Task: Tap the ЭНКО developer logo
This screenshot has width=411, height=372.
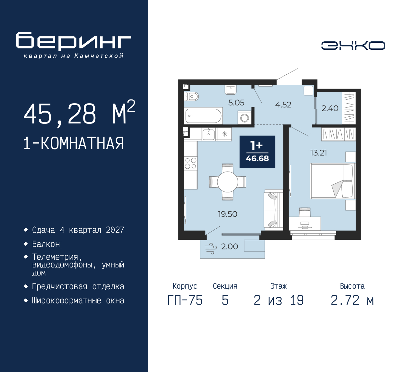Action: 353,46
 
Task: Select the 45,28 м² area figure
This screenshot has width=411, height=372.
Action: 79,114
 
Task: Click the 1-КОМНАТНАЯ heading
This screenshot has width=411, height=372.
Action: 74,143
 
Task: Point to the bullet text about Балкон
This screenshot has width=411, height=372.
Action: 46,244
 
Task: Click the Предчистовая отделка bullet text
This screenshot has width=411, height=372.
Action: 78,287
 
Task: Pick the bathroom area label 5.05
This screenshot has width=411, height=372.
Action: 236,103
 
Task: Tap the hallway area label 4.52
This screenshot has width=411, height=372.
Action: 283,105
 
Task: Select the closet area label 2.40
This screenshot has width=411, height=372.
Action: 330,108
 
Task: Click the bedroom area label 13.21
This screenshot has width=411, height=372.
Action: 319,153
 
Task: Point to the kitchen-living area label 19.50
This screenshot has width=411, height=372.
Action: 227,214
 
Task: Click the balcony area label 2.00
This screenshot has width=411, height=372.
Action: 229,247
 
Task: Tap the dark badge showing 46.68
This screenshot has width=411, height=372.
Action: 257,152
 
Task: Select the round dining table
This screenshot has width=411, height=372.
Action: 227,182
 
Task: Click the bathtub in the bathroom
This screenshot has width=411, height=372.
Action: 203,116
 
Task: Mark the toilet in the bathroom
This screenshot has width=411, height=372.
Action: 192,96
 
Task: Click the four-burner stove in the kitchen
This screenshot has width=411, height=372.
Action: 190,163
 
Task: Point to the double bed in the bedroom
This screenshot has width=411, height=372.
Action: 332,181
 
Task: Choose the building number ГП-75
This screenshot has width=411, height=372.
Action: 185,300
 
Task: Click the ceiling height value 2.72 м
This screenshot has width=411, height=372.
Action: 352,300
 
